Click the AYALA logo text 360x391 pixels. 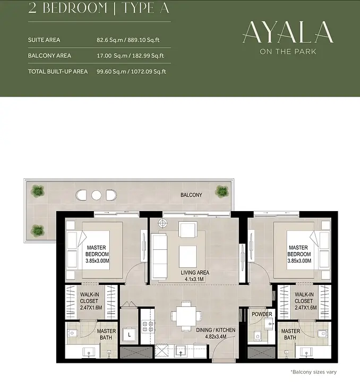(288, 32)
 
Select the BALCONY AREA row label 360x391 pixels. (49, 56)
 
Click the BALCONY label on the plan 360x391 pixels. (191, 195)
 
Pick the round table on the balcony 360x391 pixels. (96, 195)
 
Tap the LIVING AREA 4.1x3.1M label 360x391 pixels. (195, 276)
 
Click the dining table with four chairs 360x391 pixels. (186, 316)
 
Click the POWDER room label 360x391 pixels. (262, 314)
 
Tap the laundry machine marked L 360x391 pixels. (129, 335)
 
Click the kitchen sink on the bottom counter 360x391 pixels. (181, 352)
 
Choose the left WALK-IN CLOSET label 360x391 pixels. (91, 301)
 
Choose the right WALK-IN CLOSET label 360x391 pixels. (305, 301)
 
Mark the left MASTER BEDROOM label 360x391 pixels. (97, 254)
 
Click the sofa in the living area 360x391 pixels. (160, 256)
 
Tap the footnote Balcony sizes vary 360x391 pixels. (314, 372)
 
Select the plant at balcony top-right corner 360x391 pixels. (222, 191)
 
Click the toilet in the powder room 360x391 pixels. (257, 336)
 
